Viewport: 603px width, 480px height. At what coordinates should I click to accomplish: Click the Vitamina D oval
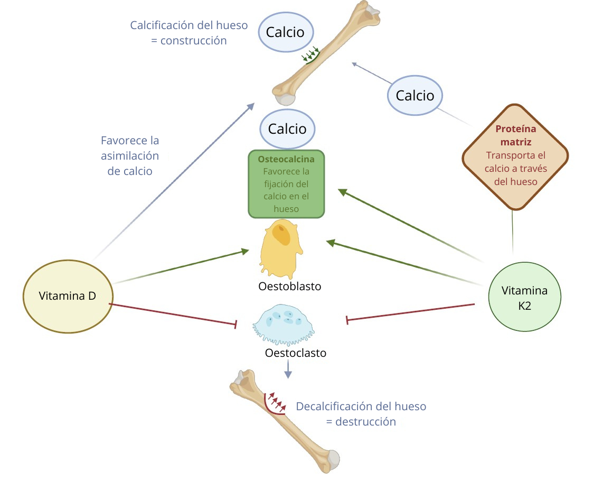point(68,296)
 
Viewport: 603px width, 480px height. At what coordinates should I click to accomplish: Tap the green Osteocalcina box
point(286,184)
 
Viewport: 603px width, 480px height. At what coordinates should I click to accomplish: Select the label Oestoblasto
point(290,287)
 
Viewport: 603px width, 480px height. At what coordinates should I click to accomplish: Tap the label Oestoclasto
point(296,353)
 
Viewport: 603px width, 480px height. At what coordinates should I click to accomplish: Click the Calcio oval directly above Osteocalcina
point(287,128)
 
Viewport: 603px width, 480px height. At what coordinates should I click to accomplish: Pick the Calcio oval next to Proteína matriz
point(415,95)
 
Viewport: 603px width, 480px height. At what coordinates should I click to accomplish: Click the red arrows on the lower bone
point(276,403)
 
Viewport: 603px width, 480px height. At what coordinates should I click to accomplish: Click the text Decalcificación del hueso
point(361,407)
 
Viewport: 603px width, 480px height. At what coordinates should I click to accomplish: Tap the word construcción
point(193,41)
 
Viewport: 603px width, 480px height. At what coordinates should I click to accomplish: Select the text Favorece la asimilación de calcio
point(130,156)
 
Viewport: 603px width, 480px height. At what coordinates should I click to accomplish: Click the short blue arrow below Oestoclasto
point(288,370)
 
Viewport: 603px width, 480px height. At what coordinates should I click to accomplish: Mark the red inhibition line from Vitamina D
point(172,313)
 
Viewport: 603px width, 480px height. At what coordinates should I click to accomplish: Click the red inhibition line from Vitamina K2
point(411,311)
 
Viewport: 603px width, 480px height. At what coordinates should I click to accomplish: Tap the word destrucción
point(365,422)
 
